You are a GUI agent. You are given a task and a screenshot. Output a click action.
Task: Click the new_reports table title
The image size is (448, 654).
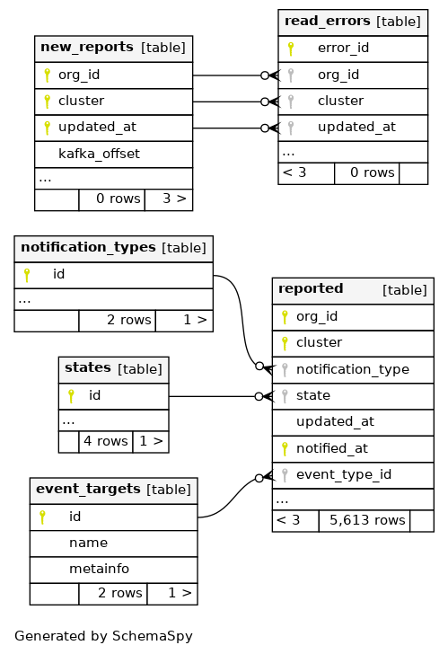tap(87, 47)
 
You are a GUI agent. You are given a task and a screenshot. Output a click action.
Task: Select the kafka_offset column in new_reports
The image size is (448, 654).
tap(99, 154)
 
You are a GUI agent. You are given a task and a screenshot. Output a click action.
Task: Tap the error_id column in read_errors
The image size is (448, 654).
tap(343, 48)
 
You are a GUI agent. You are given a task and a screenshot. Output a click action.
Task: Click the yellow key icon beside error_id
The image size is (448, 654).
tap(291, 49)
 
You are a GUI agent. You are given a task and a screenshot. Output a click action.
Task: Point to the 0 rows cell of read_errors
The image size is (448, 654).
tap(373, 172)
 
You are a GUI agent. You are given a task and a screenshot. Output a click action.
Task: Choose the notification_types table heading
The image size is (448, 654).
tap(88, 247)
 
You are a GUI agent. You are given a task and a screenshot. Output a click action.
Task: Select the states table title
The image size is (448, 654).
tap(87, 368)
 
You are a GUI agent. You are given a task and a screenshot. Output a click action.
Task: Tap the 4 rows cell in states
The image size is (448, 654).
tap(106, 441)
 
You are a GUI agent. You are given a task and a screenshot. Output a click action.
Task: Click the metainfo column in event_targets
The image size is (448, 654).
tap(99, 569)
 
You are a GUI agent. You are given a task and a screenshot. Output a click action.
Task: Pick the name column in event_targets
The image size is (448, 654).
tap(88, 543)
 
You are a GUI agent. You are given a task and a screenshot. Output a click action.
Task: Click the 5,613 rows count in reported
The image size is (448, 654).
tap(367, 520)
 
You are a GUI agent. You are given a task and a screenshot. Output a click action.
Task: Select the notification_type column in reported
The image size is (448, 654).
tap(353, 369)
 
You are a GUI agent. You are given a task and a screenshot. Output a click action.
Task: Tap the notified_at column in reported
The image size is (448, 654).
tap(331, 449)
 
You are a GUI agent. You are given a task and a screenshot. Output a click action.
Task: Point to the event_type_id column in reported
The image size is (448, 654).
tap(344, 474)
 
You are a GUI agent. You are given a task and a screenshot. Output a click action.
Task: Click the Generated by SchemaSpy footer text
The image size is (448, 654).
tap(103, 636)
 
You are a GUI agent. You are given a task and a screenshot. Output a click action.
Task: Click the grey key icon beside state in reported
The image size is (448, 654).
tap(285, 396)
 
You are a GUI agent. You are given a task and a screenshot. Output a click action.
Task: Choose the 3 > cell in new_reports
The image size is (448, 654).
tap(174, 199)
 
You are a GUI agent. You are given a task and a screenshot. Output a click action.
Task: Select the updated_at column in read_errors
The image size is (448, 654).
tap(356, 128)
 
